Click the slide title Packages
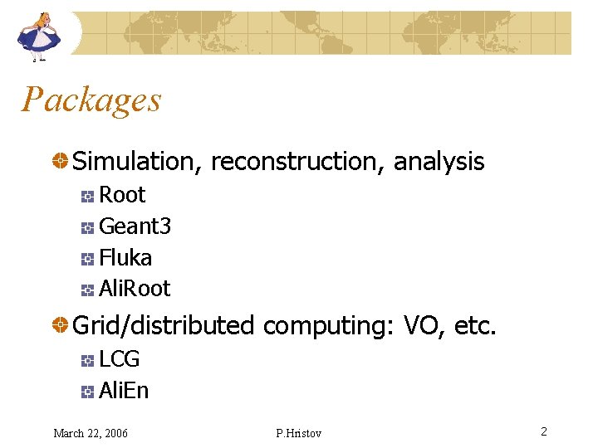[91, 100]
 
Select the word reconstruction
[297, 162]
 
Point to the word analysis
[439, 162]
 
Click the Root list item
[122, 195]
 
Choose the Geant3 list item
[135, 226]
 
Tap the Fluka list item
[125, 258]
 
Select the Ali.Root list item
[135, 289]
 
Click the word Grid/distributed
[164, 326]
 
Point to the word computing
[329, 326]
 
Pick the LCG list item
[120, 359]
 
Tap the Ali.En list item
[124, 391]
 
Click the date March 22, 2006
[91, 433]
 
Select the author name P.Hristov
[298, 433]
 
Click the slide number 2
[543, 431]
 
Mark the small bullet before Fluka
[86, 259]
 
